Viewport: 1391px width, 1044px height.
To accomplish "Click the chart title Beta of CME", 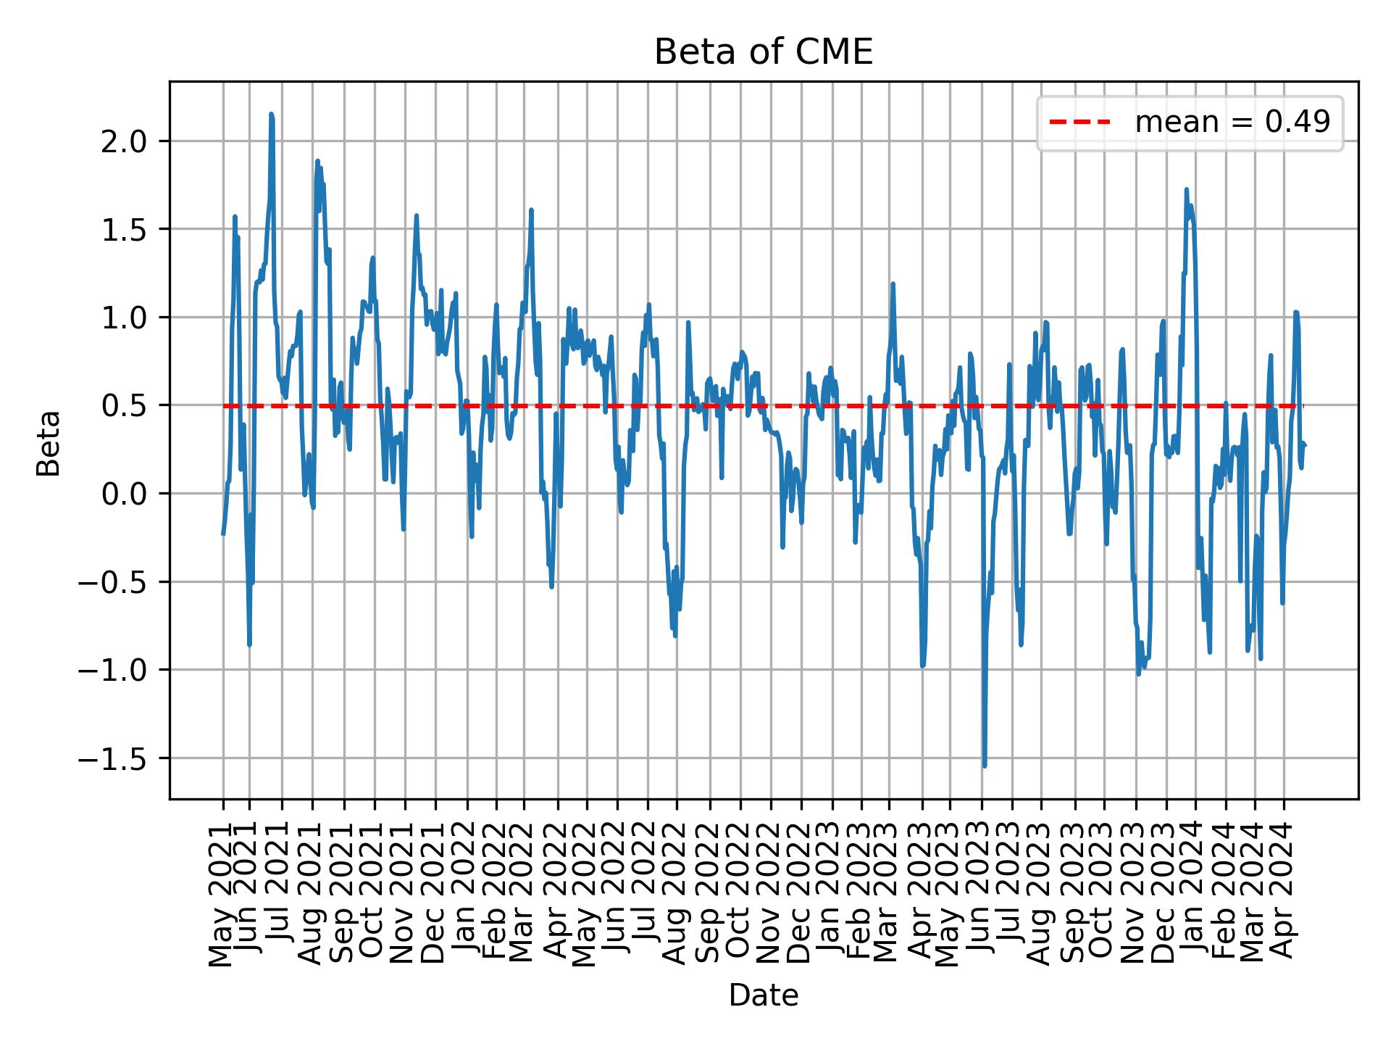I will tap(763, 52).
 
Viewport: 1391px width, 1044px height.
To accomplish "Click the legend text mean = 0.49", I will tap(1232, 123).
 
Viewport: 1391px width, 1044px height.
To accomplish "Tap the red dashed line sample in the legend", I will tap(1079, 123).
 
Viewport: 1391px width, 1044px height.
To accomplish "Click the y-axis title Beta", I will tap(49, 443).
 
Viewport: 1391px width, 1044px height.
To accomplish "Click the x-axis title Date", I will tap(763, 995).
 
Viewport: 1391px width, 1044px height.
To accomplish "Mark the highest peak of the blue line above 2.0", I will tap(271, 115).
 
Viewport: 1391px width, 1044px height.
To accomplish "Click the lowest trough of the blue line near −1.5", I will tap(984, 766).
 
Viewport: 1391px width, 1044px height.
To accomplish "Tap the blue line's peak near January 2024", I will tap(1186, 190).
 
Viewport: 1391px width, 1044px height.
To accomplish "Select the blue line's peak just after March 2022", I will tap(531, 211).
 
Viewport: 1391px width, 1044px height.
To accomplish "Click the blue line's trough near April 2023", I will tap(922, 666).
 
